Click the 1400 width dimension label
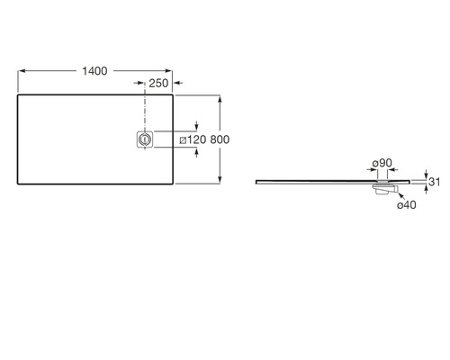94,71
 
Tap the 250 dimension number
158,84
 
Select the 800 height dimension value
220,139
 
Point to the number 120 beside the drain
197,139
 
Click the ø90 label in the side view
382,163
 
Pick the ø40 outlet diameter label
407,205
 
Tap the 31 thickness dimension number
434,182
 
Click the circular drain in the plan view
145,139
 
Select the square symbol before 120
183,140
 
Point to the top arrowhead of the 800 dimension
220,99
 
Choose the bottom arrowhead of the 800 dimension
220,179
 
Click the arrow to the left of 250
139,83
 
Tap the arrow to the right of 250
178,83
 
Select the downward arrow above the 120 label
196,126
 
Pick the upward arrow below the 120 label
196,152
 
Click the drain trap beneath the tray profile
385,189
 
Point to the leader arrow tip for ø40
399,193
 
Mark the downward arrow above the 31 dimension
426,175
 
